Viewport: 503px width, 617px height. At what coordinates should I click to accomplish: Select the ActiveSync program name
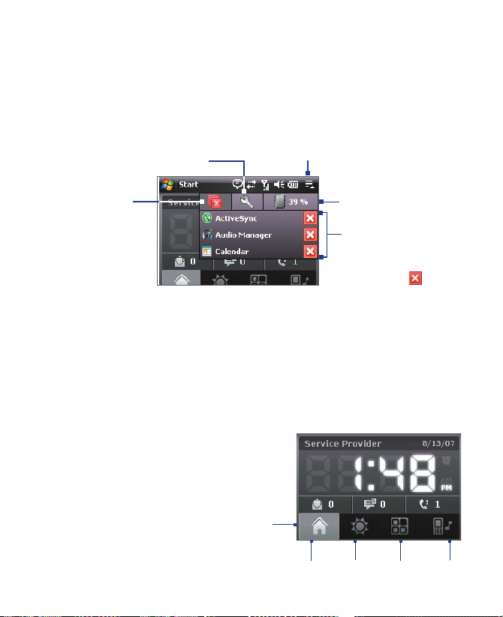(236, 219)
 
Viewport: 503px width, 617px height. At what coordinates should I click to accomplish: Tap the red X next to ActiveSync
(310, 219)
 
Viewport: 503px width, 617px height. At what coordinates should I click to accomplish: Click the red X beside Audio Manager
(310, 235)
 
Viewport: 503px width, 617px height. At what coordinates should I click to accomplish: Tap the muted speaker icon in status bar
(279, 184)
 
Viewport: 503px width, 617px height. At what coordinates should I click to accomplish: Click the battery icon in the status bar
(293, 184)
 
